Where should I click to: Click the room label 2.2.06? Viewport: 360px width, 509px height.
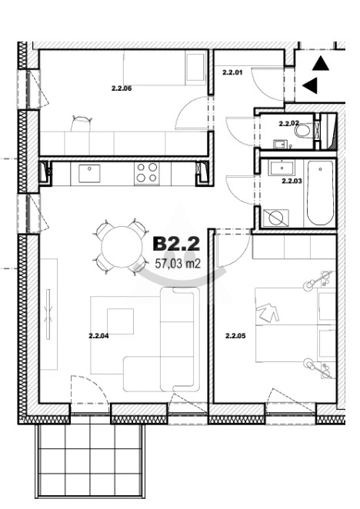pos(122,88)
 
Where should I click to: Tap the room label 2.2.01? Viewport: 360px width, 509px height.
pos(232,72)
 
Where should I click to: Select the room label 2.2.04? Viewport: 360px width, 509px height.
pos(98,336)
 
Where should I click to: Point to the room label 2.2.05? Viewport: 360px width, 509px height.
pos(235,336)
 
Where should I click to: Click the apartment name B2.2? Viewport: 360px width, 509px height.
pos(176,244)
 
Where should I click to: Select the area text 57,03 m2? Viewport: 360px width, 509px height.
pos(178,264)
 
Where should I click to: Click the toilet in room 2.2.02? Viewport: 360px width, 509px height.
pos(304,131)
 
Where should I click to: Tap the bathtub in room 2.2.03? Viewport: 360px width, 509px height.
pos(320,193)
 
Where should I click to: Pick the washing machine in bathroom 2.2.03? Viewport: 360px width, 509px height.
pos(275,218)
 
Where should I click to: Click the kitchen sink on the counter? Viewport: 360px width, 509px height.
pos(89,174)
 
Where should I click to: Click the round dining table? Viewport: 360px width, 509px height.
pos(122,247)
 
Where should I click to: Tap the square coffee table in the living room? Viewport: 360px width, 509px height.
pos(120,321)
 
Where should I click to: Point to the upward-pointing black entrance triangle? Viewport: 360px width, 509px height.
pos(321,64)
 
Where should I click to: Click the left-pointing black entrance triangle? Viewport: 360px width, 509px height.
pos(310,85)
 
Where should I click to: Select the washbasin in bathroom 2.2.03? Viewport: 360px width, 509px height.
pos(282,168)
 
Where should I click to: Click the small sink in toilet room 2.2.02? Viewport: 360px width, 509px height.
pos(280,144)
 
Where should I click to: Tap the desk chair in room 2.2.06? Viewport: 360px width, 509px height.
pos(82,123)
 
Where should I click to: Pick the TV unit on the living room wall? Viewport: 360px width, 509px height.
pos(48,314)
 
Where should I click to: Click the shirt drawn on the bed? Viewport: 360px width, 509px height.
pos(268,312)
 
